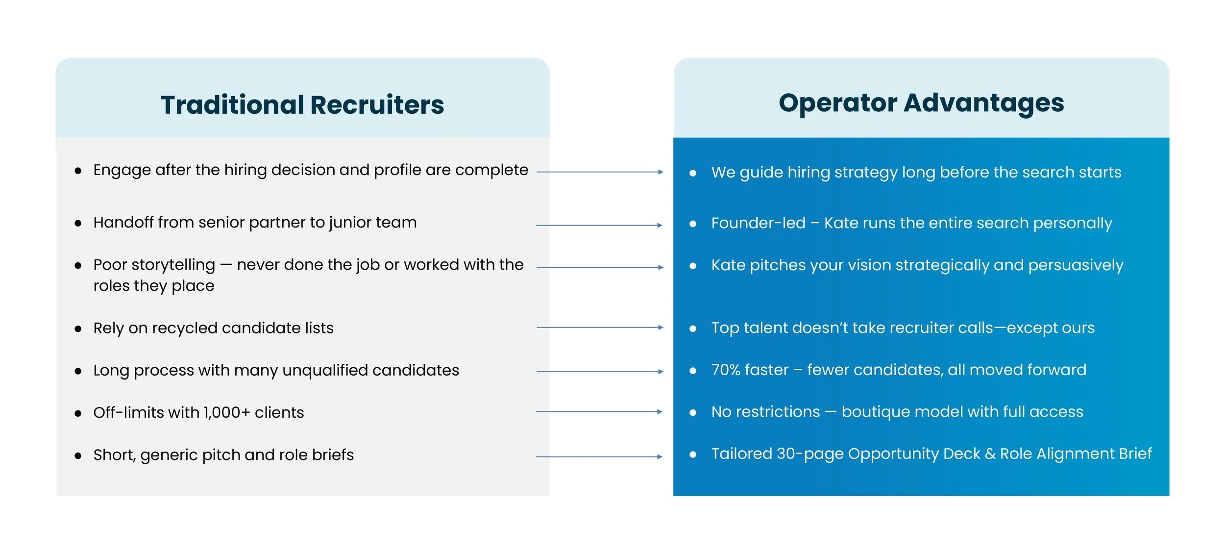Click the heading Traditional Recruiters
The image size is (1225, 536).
pyautogui.click(x=302, y=105)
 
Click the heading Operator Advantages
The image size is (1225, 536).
pyautogui.click(x=921, y=103)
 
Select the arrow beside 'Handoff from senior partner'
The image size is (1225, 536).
pyautogui.click(x=599, y=225)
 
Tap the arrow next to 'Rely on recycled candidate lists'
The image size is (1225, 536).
pyautogui.click(x=600, y=327)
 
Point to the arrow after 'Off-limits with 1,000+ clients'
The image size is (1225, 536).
pyautogui.click(x=599, y=411)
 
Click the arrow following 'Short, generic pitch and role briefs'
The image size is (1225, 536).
pyautogui.click(x=599, y=457)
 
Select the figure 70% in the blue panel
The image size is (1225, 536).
pyautogui.click(x=726, y=370)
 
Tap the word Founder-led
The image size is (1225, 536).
pyautogui.click(x=758, y=223)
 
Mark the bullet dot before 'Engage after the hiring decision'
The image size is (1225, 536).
pyautogui.click(x=78, y=171)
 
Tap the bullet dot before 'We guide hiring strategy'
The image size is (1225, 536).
pyautogui.click(x=693, y=173)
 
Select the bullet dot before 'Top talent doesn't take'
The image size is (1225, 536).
pyautogui.click(x=693, y=329)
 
